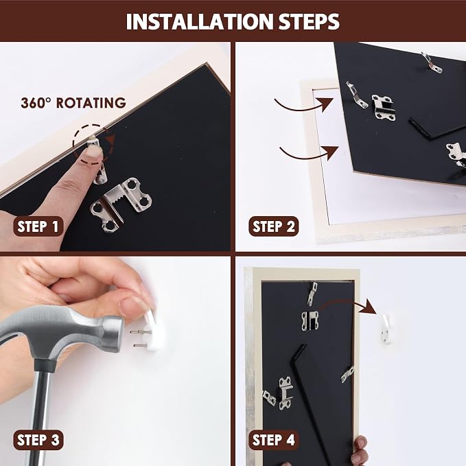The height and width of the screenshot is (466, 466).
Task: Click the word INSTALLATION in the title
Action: click(x=200, y=21)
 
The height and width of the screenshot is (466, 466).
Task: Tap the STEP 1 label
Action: click(x=38, y=226)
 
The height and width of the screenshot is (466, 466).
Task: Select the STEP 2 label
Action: click(x=274, y=226)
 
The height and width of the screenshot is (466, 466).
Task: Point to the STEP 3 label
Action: click(x=38, y=440)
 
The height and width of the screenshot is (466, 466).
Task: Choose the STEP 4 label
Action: click(x=274, y=440)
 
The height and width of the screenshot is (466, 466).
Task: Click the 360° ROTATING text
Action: click(x=73, y=103)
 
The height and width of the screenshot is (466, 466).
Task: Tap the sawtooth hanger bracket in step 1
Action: click(x=121, y=205)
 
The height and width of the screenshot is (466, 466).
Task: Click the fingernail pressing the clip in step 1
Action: click(x=93, y=152)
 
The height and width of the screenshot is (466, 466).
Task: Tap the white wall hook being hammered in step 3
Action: click(x=154, y=331)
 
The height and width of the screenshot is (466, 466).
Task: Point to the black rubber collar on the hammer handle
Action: click(x=45, y=366)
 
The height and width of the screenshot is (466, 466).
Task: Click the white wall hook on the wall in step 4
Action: click(x=386, y=329)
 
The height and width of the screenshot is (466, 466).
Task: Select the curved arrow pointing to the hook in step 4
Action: click(x=348, y=303)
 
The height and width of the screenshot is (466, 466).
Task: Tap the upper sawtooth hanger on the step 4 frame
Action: click(x=310, y=321)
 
